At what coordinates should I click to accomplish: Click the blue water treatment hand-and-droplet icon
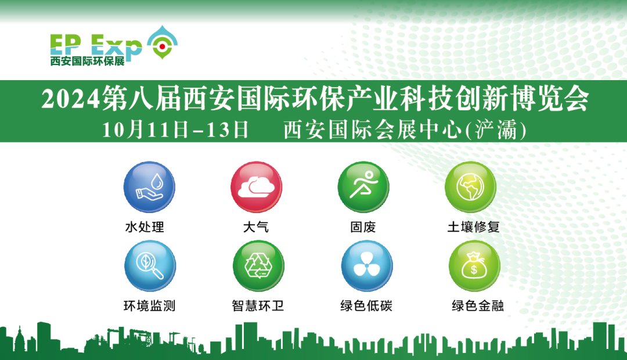point(149,188)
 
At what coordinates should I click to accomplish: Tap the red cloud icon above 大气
point(256,188)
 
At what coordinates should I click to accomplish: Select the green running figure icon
point(363,188)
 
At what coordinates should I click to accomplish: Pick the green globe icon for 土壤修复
point(470,188)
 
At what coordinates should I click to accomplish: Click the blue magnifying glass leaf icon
point(150,266)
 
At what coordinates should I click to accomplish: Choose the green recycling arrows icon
point(258,266)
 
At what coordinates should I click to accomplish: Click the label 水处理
point(145,227)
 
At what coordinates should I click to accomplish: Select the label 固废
point(363,227)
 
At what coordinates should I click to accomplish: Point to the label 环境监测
point(149,305)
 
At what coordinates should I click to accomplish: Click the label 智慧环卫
point(258,305)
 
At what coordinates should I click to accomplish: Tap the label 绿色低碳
point(366,305)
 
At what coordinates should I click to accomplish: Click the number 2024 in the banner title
point(70,99)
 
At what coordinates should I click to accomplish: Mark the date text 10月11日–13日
point(175,129)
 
